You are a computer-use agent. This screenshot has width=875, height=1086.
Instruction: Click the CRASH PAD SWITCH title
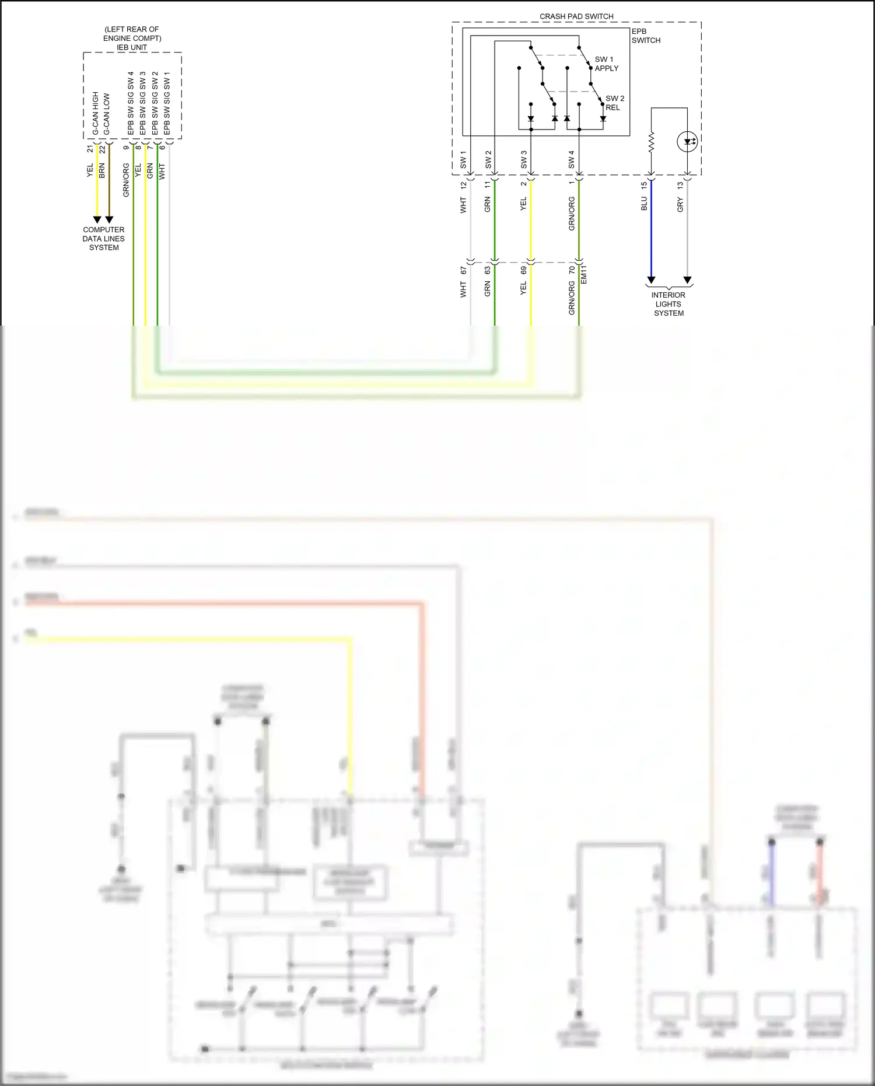point(576,16)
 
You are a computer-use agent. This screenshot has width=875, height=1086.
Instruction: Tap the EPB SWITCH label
point(646,36)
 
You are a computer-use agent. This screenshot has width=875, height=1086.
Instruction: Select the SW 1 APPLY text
point(606,64)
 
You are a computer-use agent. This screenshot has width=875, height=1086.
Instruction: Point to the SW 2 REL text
point(614,103)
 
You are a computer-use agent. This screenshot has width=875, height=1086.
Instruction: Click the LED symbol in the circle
point(687,141)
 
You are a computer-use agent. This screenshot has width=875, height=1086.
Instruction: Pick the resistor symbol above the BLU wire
point(652,142)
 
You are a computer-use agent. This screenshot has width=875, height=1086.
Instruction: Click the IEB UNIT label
point(132,47)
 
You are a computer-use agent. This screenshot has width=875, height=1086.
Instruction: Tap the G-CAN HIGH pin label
point(96,113)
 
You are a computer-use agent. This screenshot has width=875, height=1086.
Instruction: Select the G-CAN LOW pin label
point(107,114)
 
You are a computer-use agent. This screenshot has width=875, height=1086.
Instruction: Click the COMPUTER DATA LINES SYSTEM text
point(104,238)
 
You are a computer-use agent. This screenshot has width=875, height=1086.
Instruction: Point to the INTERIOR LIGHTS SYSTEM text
point(668,303)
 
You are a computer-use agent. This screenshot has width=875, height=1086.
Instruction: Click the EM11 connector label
point(584,274)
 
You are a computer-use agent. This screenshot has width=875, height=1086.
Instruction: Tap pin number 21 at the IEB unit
point(90,149)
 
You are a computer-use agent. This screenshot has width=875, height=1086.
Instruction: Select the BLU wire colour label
point(644,203)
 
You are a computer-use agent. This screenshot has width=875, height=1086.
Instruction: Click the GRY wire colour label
point(680,204)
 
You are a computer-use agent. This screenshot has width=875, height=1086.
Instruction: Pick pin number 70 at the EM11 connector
point(572,270)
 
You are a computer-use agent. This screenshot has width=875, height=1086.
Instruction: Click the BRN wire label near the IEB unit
point(102,171)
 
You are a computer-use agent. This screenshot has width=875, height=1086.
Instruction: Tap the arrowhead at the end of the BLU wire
point(651,280)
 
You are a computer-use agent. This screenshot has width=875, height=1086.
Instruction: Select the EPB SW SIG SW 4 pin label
point(131,103)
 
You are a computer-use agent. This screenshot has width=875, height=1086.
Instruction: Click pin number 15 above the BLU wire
point(644,185)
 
